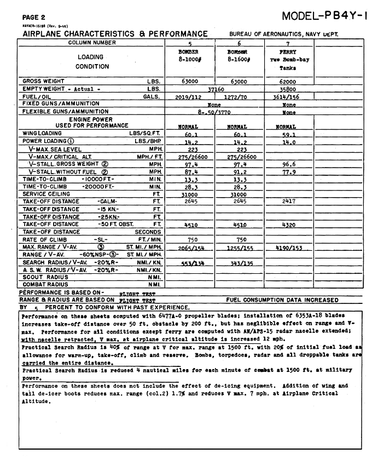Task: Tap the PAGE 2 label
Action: point(34,18)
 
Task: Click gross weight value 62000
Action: point(288,81)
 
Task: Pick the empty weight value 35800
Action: point(288,89)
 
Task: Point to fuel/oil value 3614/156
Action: point(288,96)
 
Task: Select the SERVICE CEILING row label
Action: point(46,194)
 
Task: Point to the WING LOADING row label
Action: point(42,133)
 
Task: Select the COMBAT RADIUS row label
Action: point(45,285)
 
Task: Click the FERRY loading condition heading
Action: point(288,52)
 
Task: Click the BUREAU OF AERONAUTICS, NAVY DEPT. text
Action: point(284,34)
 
